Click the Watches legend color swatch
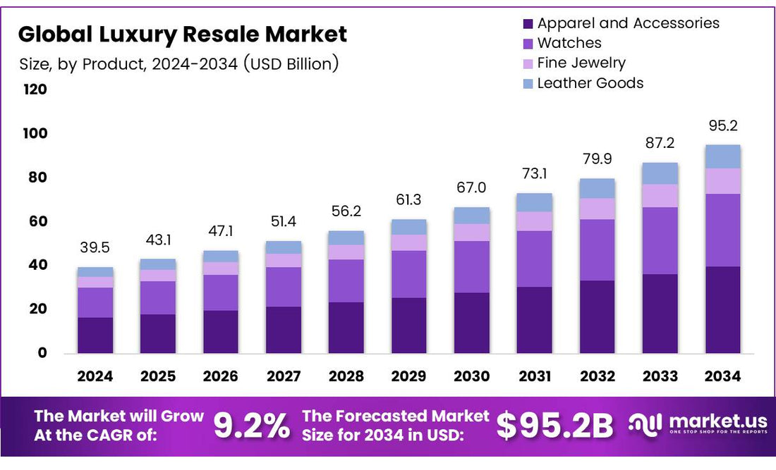[528, 44]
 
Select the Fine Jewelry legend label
[581, 63]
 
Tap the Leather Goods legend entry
[590, 83]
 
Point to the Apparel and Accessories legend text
[629, 23]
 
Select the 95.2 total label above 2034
[723, 126]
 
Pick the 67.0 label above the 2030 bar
[472, 188]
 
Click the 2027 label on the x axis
[284, 376]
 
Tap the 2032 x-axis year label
[598, 376]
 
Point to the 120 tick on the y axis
[36, 89]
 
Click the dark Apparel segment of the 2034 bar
[723, 310]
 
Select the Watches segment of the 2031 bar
[535, 259]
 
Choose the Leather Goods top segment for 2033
[660, 173]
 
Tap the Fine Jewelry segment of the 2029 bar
[409, 242]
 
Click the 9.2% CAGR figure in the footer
[251, 426]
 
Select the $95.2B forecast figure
[554, 426]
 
